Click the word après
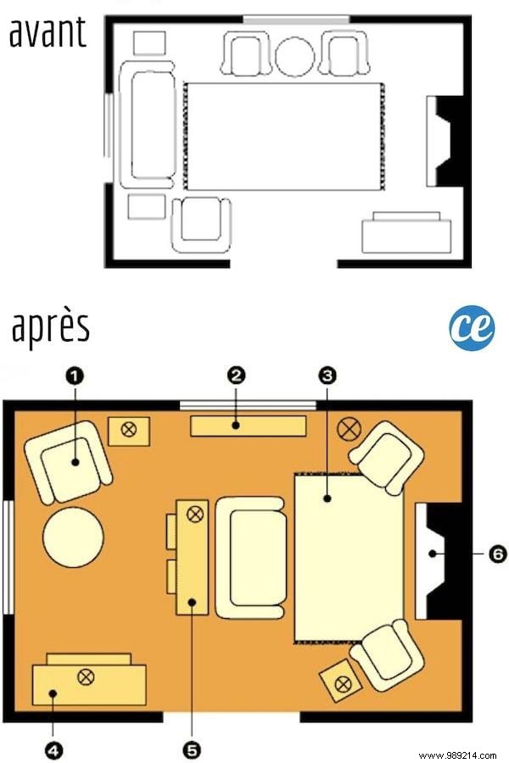(x=51, y=327)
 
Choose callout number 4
(x=53, y=749)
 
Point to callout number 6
(x=496, y=554)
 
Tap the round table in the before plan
(x=295, y=56)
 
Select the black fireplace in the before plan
(x=447, y=140)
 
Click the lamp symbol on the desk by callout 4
(x=85, y=676)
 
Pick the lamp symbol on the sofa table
(x=195, y=512)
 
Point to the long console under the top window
(x=248, y=425)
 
